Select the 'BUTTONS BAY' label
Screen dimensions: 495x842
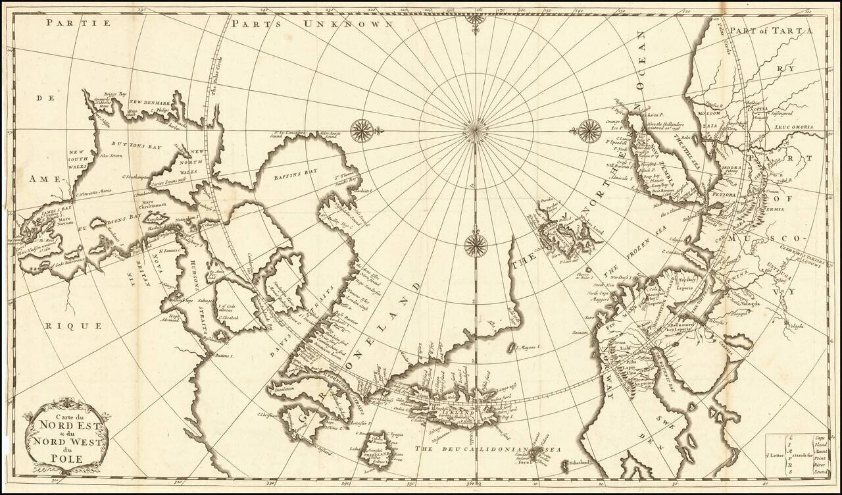(132, 143)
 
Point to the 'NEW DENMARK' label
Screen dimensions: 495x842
(149, 103)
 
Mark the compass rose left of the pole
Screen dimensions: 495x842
(362, 130)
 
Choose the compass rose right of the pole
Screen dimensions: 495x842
(590, 130)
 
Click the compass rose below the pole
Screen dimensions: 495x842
(476, 246)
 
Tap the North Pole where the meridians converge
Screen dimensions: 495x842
(476, 130)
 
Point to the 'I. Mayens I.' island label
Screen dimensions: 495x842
(527, 346)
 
